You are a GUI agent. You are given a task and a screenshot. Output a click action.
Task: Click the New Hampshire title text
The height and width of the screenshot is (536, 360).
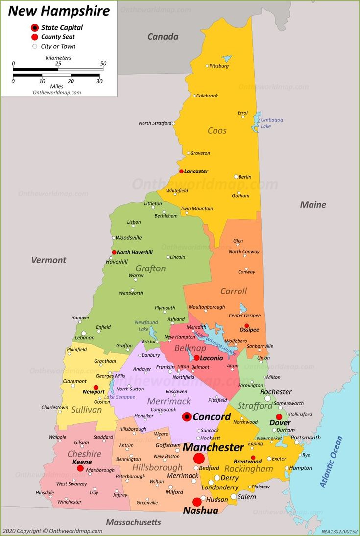pos(59,11)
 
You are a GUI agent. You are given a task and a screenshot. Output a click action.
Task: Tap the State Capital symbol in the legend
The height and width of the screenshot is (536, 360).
pos(35,28)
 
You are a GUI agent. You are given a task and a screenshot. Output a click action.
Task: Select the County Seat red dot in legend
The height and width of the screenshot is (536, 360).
pos(35,37)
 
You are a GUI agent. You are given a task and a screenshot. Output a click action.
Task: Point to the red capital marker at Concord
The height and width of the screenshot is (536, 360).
pos(187,416)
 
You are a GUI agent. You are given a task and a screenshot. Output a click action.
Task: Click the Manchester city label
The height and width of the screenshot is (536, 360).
pos(213,447)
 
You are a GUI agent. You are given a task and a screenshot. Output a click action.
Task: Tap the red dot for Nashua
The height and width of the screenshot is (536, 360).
pos(197,502)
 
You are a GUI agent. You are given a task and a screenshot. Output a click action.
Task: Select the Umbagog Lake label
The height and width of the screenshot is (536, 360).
pos(271,123)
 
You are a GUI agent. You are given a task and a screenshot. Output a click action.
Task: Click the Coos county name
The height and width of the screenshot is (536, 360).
pos(217,130)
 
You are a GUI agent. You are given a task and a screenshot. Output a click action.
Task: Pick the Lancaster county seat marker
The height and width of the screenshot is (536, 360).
pos(181,171)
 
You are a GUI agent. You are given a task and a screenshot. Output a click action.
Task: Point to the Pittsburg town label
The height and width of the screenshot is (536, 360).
pos(219,66)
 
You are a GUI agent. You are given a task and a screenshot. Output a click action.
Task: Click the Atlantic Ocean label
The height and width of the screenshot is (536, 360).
pos(332,462)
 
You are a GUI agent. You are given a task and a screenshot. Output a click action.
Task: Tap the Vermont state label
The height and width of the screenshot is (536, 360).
pos(48,260)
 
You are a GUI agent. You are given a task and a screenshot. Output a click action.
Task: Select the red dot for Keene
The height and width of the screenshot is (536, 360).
pos(80,468)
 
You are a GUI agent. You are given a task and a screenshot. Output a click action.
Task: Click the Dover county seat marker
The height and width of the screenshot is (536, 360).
pos(279,417)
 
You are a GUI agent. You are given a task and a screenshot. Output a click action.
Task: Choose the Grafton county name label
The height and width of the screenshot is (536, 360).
pos(150,268)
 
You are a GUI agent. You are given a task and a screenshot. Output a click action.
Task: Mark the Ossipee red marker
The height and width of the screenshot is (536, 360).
pos(247,325)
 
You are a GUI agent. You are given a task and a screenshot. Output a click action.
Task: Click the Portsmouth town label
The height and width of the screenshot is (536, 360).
pos(306,438)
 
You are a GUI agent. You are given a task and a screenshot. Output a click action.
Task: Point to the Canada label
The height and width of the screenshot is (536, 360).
pos(163,37)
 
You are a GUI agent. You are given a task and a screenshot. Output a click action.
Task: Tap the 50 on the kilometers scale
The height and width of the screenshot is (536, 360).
pos(103,63)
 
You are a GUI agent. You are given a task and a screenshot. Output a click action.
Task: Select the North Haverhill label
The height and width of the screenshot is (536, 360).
pos(135,252)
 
